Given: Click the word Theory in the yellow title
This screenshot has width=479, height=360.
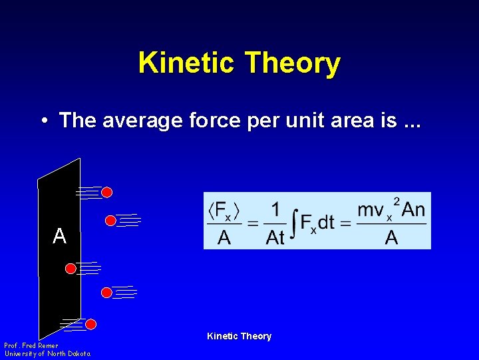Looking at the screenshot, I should [x=292, y=63].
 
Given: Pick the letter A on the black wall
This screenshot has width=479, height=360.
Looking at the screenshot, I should [x=60, y=236].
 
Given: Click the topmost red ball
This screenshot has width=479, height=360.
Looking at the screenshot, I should [x=106, y=193].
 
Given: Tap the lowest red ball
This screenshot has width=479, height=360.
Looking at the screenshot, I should [x=91, y=325].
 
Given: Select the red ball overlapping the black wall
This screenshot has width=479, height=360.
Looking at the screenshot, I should [x=71, y=269].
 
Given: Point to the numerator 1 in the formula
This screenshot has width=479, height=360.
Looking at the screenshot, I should [x=275, y=209].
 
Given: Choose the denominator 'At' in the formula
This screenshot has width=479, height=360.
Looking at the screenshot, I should [x=275, y=237].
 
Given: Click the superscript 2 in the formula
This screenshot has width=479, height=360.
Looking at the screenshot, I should [x=397, y=201].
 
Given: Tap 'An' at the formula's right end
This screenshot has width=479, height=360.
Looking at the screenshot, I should [x=413, y=209].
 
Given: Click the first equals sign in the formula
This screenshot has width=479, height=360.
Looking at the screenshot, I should [x=253, y=223].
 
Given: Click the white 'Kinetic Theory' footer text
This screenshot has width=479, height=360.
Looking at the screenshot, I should [x=239, y=336].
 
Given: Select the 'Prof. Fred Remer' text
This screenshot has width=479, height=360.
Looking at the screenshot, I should [x=31, y=346].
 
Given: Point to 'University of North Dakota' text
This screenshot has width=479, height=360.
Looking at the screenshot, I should [x=47, y=354].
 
